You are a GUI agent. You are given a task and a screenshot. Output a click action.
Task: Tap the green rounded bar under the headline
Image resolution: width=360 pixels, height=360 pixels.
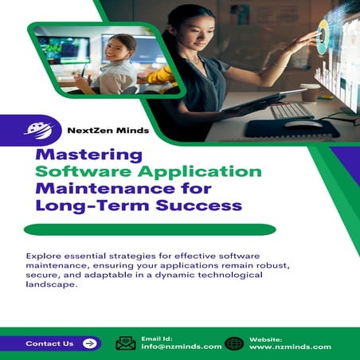150,230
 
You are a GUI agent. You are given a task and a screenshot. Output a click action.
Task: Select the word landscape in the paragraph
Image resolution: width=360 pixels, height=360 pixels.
52,286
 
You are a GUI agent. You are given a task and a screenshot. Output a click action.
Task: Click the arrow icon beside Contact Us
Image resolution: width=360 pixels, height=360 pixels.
89,343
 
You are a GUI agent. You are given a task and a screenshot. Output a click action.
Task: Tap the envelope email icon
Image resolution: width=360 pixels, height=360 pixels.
126,343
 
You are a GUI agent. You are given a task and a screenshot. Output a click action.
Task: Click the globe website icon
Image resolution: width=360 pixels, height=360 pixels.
234,343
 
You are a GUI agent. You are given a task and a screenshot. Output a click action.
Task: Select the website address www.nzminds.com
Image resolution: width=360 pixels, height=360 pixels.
289,347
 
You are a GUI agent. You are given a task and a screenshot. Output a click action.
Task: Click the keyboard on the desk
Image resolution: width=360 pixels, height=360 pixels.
291,111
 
